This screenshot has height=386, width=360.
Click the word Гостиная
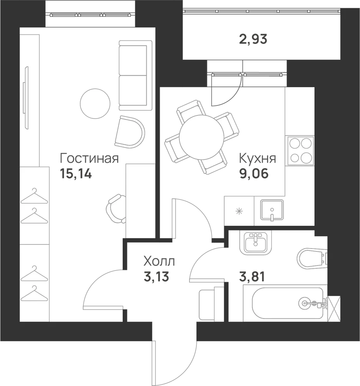[x=89, y=158]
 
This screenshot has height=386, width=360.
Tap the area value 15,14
[x=76, y=174]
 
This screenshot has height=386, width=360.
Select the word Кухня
[x=258, y=158]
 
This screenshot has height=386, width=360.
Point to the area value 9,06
[x=254, y=174]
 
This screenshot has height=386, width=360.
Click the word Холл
[x=159, y=261]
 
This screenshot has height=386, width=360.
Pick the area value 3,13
[x=156, y=277]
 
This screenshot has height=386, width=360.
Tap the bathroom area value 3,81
[x=252, y=277]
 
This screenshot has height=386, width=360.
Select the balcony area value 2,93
[x=253, y=39]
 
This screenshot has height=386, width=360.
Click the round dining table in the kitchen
[x=202, y=137]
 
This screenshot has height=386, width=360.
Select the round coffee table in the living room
[x=95, y=103]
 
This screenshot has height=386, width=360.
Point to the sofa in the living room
[x=135, y=76]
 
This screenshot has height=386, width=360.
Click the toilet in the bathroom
[x=312, y=258]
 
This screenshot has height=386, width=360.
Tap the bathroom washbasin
[x=255, y=243]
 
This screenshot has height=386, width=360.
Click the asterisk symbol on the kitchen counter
[x=239, y=211]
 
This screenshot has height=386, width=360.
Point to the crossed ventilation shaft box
[x=334, y=309]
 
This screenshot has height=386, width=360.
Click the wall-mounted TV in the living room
[x=26, y=98]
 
